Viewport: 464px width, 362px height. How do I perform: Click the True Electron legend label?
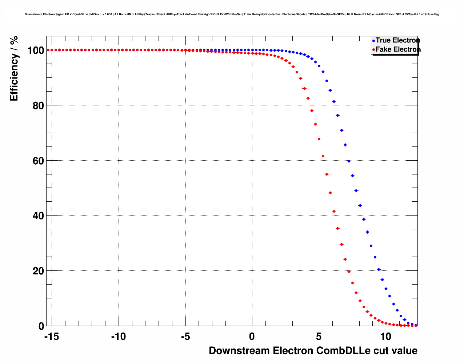point(397,40)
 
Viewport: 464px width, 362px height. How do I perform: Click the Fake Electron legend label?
point(398,49)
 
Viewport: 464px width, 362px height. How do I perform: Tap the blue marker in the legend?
point(373,41)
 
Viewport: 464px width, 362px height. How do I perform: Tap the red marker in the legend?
point(373,50)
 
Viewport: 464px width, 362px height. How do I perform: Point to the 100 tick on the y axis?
point(36,50)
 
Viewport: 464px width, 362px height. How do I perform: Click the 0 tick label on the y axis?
point(41,326)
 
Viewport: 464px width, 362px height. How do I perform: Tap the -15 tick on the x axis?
point(51,337)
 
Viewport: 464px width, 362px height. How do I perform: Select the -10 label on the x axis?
point(118,337)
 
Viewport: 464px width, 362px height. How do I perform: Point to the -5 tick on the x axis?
point(185,337)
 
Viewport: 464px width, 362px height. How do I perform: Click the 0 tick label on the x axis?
point(252,337)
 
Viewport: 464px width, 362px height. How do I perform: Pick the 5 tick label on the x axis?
point(319,337)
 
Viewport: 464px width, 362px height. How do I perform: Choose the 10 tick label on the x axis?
point(386,337)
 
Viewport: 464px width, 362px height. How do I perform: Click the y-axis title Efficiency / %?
point(14,68)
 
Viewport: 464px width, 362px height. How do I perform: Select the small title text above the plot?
point(232,15)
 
